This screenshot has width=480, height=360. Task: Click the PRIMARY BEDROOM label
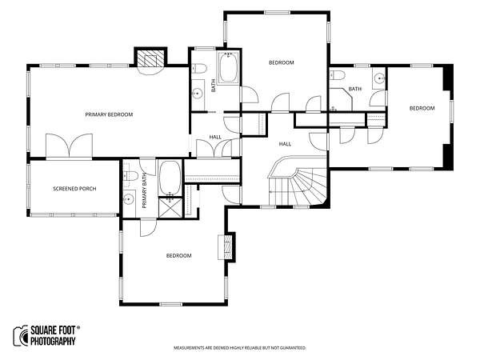pos(109,114)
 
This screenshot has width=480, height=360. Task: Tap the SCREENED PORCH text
pos(74,189)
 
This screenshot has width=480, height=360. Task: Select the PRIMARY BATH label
pos(145,190)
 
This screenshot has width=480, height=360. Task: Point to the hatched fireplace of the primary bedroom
pos(150,58)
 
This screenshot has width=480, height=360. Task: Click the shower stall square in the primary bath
pos(170,208)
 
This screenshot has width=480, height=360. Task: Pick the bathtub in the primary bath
pos(170,178)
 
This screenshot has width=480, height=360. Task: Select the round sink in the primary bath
pos(129,200)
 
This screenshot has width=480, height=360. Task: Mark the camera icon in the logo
pos(21,335)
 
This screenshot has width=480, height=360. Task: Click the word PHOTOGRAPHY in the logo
pos(53,341)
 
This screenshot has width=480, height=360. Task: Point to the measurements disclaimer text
pos(240,348)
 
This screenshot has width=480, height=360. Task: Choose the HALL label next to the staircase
pos(285,144)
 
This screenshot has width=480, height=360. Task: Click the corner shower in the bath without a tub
pos(341,99)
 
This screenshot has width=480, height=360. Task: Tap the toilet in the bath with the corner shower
pos(338,75)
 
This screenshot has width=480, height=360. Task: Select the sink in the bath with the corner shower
pos(380,78)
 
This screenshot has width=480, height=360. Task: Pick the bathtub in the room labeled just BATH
pos(228,68)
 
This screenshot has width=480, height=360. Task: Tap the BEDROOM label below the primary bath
pos(178,256)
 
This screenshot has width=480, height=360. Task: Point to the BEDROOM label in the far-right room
pos(422,108)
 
